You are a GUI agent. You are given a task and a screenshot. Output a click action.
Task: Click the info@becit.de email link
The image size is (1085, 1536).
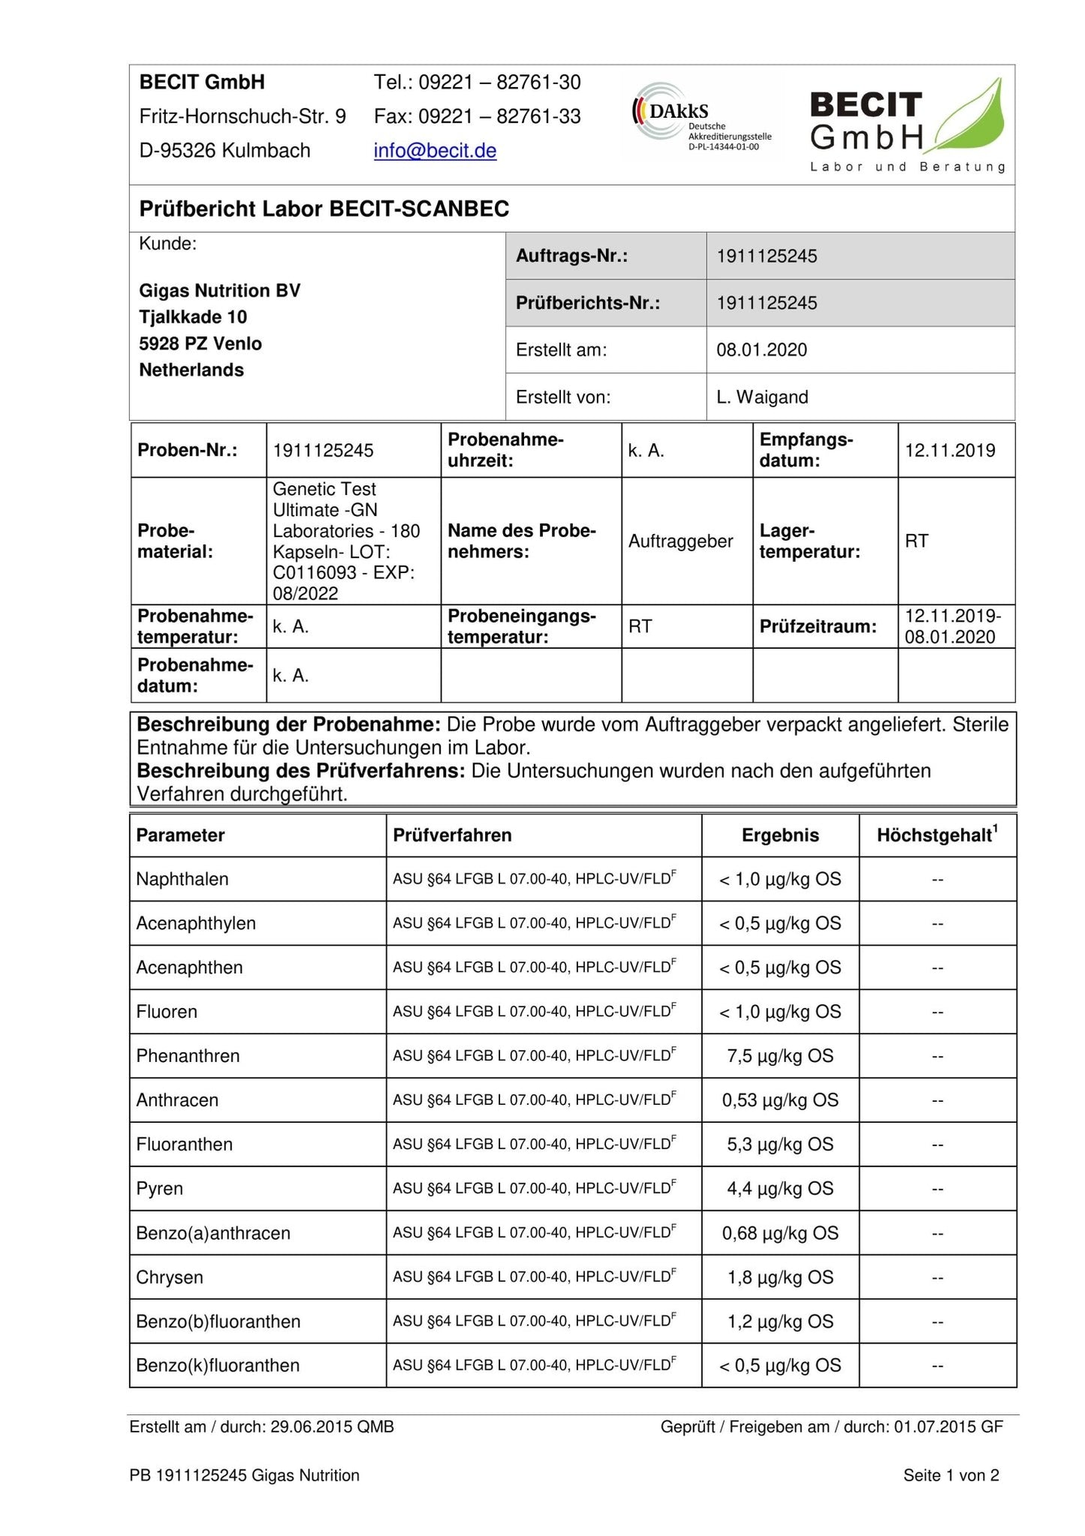(435, 151)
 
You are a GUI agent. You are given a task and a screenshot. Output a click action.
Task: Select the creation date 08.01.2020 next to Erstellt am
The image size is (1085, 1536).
(761, 350)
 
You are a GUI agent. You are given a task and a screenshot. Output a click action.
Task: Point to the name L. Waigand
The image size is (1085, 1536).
(762, 397)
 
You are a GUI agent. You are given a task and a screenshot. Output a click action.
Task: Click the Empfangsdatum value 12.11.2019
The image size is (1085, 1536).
(950, 451)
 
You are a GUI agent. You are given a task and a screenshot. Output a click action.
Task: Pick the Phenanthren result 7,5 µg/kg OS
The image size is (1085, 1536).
(780, 1056)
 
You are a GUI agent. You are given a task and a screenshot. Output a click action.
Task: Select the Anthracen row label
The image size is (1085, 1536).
(177, 1100)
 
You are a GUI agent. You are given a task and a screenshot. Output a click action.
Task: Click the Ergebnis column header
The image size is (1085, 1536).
(780, 835)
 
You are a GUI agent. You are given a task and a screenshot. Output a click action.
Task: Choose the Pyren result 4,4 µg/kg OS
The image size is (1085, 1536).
(780, 1189)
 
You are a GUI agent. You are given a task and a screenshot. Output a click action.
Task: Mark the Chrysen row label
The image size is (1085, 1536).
(170, 1278)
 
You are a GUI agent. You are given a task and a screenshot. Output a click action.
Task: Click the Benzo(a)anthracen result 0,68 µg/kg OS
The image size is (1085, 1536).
(780, 1233)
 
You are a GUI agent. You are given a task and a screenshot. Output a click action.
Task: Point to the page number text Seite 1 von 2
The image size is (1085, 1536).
(951, 1476)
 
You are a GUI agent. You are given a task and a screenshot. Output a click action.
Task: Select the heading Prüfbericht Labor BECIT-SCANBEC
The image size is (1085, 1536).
(324, 209)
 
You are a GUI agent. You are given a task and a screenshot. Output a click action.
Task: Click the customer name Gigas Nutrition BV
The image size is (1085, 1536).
(220, 291)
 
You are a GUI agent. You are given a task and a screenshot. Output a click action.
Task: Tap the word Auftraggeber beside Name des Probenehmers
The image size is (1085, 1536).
(680, 542)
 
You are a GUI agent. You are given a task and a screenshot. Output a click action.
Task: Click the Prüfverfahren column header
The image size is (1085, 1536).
(452, 835)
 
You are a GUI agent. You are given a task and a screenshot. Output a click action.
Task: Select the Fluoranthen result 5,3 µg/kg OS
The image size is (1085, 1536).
(780, 1145)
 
